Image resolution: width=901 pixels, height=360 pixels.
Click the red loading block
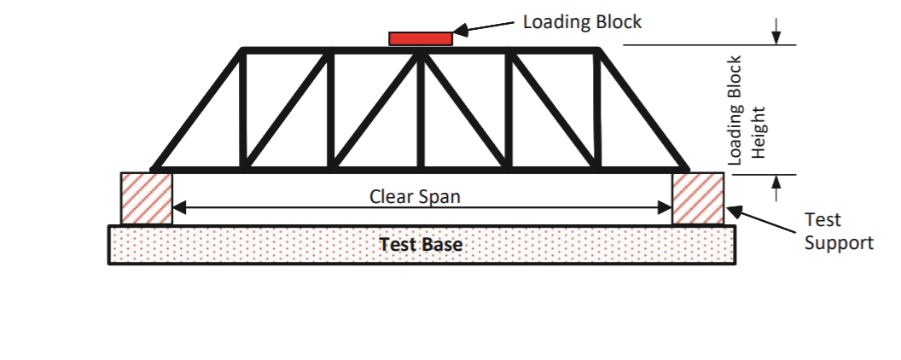(x=421, y=38)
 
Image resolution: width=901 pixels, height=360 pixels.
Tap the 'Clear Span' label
(x=415, y=196)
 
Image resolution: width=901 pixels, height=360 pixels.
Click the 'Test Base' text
(x=421, y=245)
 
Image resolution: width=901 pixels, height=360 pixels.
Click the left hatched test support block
(x=147, y=199)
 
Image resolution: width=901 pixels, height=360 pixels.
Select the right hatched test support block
(x=698, y=199)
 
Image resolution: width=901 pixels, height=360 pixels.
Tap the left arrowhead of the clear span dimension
(x=179, y=206)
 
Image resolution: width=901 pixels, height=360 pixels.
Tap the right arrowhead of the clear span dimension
(x=666, y=206)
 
